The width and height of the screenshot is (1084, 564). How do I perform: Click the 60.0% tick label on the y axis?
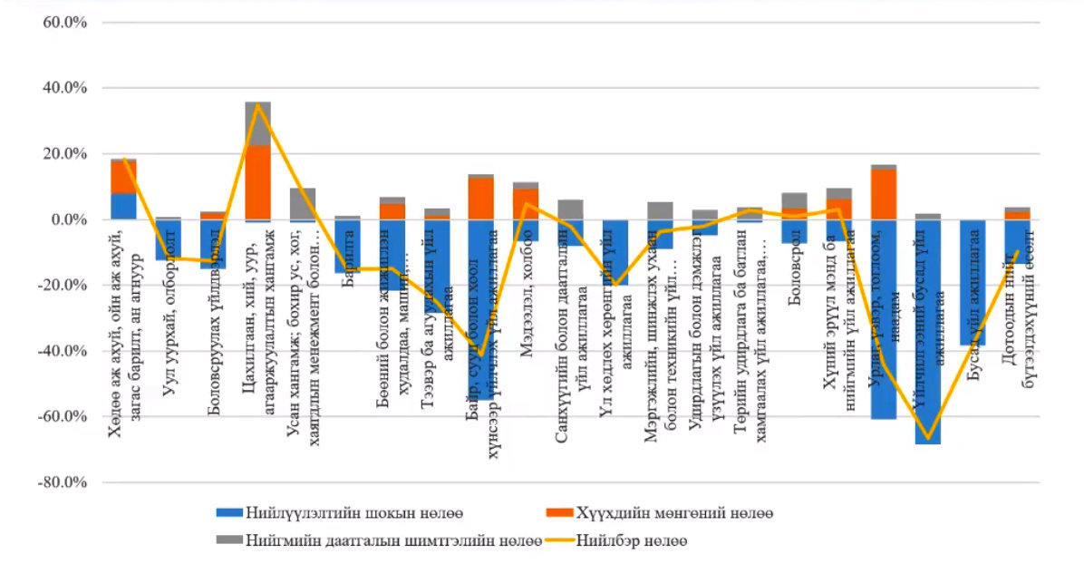(62, 22)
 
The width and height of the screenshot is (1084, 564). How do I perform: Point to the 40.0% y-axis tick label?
(62, 88)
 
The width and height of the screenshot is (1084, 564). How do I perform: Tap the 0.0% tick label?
(65, 219)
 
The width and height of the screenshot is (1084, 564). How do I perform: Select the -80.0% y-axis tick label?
(60, 482)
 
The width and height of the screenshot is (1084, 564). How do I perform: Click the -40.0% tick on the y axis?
(60, 351)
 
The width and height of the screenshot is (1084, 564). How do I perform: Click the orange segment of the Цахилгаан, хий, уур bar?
(257, 181)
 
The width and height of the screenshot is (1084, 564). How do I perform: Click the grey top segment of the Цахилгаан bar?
(257, 123)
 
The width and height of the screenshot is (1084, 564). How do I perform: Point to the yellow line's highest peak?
(257, 104)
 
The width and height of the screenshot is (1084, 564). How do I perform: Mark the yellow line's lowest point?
(927, 437)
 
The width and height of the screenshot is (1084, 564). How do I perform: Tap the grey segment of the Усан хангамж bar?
(302, 204)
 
